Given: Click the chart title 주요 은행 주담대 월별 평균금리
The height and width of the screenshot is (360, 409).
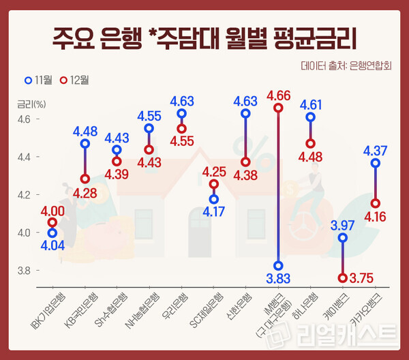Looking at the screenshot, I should coord(204,36).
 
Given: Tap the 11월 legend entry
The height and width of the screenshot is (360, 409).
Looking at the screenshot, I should coord(38,80).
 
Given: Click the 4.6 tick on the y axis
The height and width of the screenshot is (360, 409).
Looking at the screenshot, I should coord(25,119).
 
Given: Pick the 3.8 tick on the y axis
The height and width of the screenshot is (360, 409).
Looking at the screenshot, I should coord(25,271).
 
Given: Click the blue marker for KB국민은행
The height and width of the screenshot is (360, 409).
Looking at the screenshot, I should coord(85,144).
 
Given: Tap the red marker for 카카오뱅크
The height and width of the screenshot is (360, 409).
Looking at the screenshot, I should coord(376,203).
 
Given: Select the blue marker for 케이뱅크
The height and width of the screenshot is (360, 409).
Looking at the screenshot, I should coord(343,238).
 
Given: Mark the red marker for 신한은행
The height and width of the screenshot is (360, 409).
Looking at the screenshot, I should coord(246,162).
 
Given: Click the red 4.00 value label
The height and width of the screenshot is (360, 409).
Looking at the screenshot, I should coord(52,211).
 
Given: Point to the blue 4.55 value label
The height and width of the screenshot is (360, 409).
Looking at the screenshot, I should coord(149,115).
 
